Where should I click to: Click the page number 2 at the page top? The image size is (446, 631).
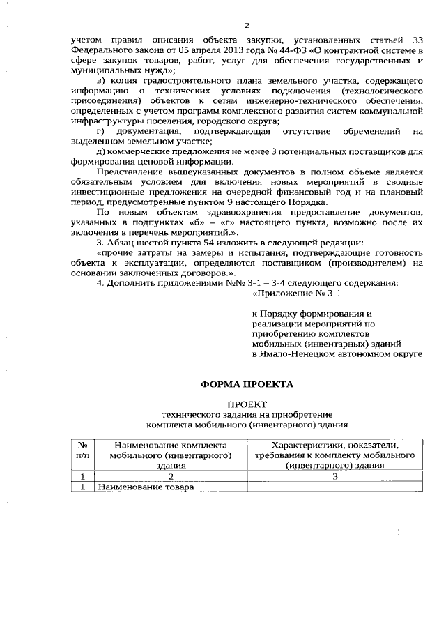point(247,25)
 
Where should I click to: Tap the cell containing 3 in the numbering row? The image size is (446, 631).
point(334,477)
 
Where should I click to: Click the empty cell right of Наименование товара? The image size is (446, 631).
point(334,487)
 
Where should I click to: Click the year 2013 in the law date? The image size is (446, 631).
point(229,50)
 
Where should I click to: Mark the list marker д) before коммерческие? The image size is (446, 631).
point(101,152)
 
